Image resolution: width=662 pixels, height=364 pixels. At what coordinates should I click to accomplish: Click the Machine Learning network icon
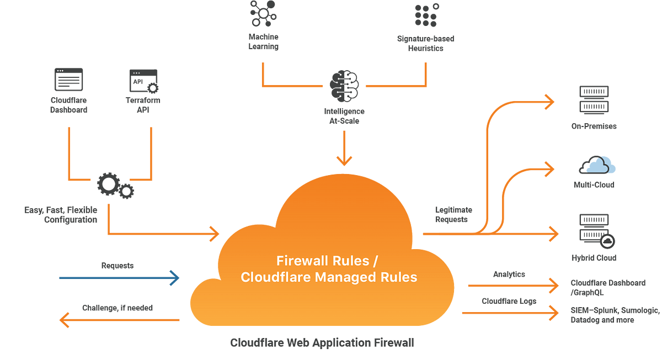pyautogui.click(x=263, y=14)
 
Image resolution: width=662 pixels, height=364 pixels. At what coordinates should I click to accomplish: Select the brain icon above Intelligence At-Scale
pyautogui.click(x=344, y=86)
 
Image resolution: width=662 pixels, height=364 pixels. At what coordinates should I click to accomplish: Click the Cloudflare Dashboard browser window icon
pyautogui.click(x=68, y=80)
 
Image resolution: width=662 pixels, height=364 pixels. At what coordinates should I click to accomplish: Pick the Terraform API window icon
pyautogui.click(x=144, y=81)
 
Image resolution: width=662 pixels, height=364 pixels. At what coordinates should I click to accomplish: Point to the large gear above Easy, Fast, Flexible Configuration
pyautogui.click(x=109, y=184)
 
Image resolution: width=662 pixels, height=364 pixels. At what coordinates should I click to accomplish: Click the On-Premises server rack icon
pyautogui.click(x=594, y=100)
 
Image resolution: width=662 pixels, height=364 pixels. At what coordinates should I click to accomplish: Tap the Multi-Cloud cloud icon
pyautogui.click(x=597, y=165)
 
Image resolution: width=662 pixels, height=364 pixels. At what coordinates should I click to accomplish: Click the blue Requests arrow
pyautogui.click(x=119, y=278)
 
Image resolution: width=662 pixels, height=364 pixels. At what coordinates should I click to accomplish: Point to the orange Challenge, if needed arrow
pyautogui.click(x=119, y=320)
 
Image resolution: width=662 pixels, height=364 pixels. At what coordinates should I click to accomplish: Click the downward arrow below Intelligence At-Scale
pyautogui.click(x=344, y=148)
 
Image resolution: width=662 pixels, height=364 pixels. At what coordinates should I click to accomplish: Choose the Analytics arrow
pyautogui.click(x=514, y=286)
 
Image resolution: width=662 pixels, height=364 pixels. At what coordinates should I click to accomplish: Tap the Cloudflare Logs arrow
pyautogui.click(x=510, y=313)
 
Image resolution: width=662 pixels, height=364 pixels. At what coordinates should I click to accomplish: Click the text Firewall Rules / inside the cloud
pyautogui.click(x=327, y=261)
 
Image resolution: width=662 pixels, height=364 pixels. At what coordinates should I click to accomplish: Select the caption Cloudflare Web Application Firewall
pyautogui.click(x=322, y=342)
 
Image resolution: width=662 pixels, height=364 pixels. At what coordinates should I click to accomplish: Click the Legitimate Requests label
pyautogui.click(x=453, y=214)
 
